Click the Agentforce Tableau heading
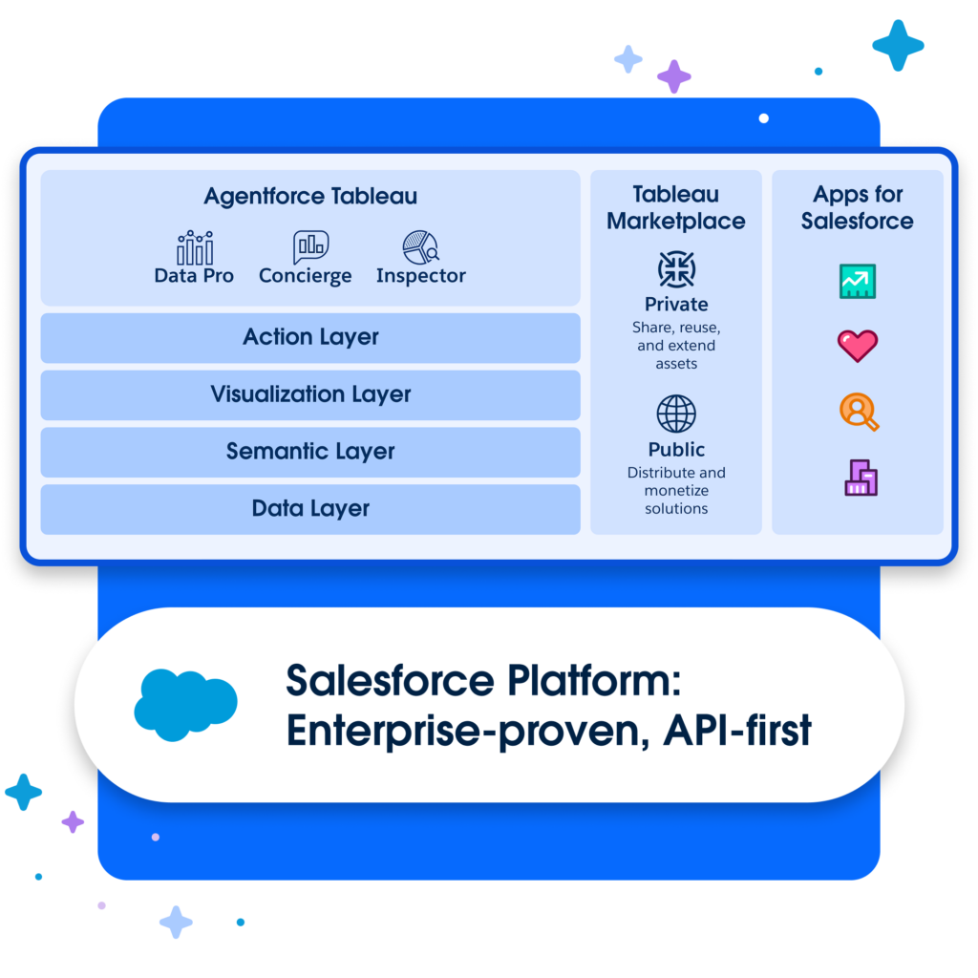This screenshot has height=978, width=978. click(310, 198)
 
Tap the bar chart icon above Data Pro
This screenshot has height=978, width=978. click(195, 247)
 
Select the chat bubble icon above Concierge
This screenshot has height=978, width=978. click(309, 246)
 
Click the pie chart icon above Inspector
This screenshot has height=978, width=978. click(420, 247)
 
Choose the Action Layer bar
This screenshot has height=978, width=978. click(310, 337)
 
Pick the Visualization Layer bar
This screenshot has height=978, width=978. click(310, 394)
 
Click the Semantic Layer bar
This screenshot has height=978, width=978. click(310, 452)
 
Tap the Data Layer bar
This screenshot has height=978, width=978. click(310, 509)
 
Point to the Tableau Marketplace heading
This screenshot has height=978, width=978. click(676, 208)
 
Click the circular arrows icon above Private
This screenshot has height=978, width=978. click(676, 269)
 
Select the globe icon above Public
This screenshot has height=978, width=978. click(676, 415)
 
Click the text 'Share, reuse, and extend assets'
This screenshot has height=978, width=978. click(676, 346)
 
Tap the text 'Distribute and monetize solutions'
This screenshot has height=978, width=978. click(676, 491)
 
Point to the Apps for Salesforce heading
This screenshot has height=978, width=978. click(858, 208)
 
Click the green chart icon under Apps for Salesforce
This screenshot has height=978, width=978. click(858, 281)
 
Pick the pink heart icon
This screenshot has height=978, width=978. click(858, 345)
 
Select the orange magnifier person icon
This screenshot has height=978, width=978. click(859, 412)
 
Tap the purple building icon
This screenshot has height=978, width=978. click(861, 478)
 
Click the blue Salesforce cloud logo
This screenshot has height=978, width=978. click(185, 705)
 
